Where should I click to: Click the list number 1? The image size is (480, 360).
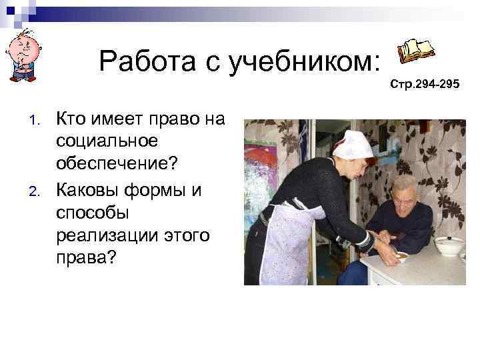37,122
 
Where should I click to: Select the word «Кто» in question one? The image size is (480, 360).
71,120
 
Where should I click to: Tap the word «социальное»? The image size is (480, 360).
107,141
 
